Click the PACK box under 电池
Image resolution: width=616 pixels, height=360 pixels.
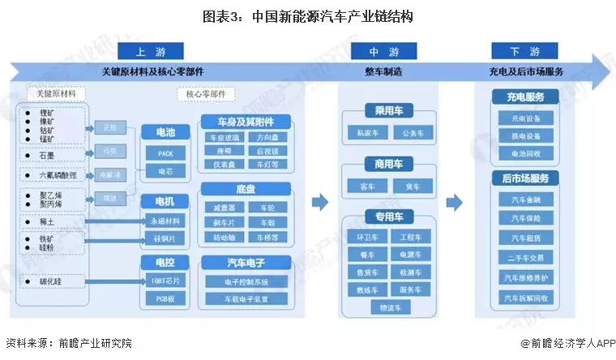click(165, 152)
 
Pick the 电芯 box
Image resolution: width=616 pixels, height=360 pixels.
click(165, 171)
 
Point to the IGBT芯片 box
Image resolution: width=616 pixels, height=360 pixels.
click(165, 281)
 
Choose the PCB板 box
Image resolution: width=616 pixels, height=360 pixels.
click(165, 299)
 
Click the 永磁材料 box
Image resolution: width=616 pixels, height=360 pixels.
click(165, 220)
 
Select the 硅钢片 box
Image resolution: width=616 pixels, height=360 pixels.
click(165, 238)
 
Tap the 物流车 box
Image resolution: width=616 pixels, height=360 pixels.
click(390, 307)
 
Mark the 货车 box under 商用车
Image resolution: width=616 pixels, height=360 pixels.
click(413, 186)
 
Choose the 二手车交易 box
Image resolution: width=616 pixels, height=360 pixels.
click(526, 258)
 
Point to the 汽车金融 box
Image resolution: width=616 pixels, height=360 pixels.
click(526, 199)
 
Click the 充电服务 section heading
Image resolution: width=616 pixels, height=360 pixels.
click(526, 97)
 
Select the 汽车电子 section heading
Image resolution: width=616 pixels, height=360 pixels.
click(247, 262)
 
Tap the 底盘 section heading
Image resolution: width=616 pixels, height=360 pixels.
click(247, 188)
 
